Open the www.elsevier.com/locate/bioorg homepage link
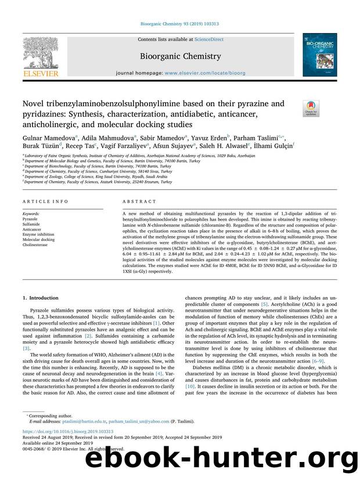pyautogui.click(x=208, y=74)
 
